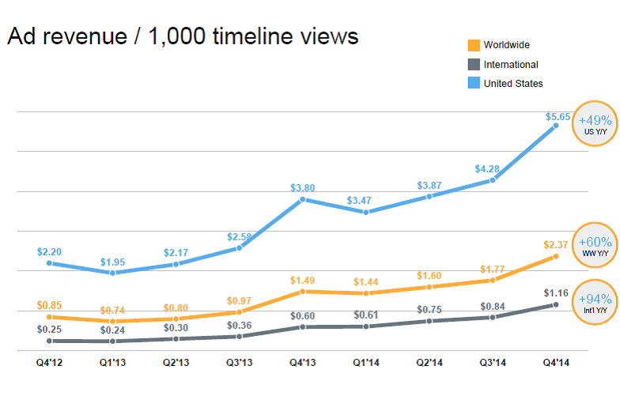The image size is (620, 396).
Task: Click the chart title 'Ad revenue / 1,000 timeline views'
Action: coord(183,36)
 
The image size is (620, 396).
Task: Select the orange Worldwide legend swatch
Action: coord(474,45)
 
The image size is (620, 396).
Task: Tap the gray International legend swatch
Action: coord(474,65)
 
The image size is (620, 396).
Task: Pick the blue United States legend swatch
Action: coord(474,82)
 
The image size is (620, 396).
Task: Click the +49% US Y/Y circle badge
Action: coord(595,123)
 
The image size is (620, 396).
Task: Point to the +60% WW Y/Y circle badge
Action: coord(595,245)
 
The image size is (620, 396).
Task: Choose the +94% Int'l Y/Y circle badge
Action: coord(595,302)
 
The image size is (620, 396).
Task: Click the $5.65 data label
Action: coord(558,117)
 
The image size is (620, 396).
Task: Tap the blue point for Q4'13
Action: coord(302,199)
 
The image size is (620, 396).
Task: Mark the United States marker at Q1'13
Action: coord(112,273)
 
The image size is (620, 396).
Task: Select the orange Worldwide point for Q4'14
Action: coord(555,256)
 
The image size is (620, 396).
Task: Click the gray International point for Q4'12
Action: coord(49,341)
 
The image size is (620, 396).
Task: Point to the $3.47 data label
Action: coord(359,201)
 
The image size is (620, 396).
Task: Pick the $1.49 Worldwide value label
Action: coord(302,280)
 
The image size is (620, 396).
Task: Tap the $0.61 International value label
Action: coord(365,315)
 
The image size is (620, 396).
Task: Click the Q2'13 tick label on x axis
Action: coord(176,362)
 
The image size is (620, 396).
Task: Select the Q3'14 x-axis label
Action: coord(493,362)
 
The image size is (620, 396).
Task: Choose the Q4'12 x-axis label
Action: coord(49,362)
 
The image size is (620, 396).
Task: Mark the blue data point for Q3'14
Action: coord(492,180)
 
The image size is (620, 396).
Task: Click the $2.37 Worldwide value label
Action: coord(555,245)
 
